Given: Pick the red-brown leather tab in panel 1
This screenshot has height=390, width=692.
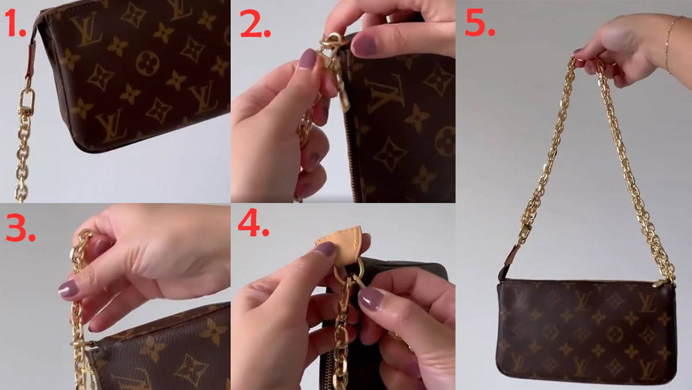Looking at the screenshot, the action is click(x=31, y=60).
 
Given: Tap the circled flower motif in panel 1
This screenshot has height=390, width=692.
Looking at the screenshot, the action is click(x=147, y=63).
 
